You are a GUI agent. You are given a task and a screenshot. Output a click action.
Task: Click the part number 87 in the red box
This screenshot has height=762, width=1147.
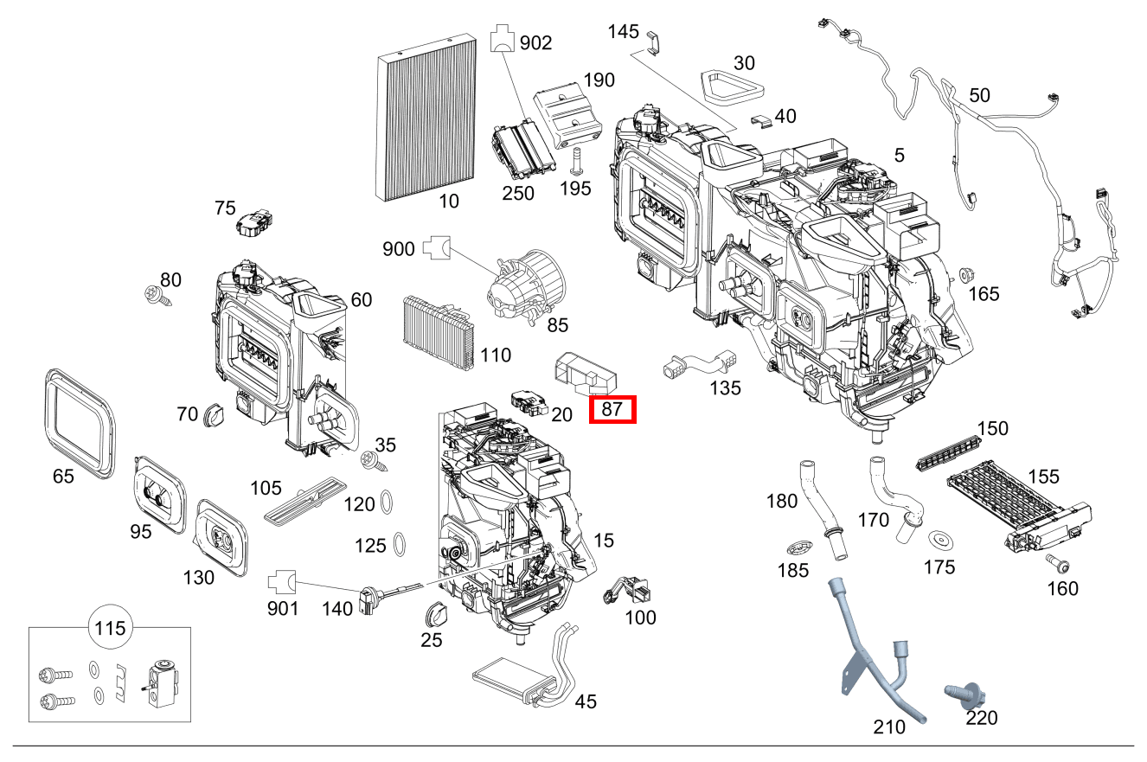coord(612,409)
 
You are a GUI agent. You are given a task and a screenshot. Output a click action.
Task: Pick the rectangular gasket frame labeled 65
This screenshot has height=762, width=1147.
coord(79,423)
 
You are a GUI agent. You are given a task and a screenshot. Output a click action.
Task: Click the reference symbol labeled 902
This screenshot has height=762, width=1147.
coord(502,40)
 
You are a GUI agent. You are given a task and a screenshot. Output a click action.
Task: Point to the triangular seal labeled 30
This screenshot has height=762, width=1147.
coord(731,85)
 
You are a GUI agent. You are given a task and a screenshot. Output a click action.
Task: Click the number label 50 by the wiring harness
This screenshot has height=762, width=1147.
coord(979,95)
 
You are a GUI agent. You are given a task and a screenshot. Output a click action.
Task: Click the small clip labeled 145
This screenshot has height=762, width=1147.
coord(653,39)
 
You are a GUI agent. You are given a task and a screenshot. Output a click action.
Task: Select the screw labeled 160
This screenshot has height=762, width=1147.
coord(1057,564)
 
